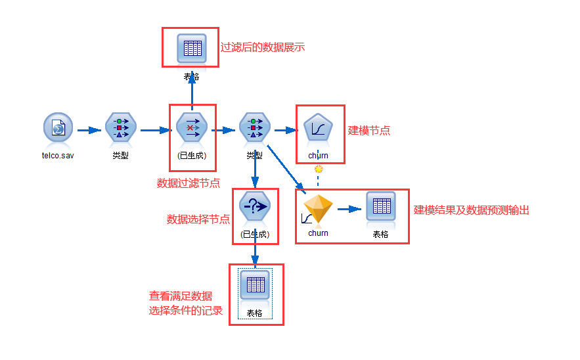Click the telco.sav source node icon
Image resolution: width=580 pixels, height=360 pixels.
coord(58,128)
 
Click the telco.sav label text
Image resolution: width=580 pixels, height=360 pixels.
coord(58,156)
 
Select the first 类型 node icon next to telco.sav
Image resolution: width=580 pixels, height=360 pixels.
coord(121,128)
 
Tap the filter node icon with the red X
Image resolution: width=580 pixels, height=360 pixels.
coord(192,128)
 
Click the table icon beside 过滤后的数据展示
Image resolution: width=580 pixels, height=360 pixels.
coord(192,49)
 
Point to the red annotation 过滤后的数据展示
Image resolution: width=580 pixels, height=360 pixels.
coord(263,47)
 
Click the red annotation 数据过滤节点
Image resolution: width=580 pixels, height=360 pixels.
coord(189,183)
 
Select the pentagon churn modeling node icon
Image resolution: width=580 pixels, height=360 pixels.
coord(319,128)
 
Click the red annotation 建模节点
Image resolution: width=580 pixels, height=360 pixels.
coord(369,130)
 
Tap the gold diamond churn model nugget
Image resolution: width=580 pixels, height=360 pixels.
coord(318,211)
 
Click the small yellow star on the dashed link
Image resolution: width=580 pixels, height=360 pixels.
coord(319,169)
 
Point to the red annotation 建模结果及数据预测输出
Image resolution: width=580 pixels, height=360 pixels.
coord(472,210)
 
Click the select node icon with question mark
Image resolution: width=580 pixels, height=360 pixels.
coord(255,208)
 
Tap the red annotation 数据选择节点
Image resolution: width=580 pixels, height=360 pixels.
coord(198,219)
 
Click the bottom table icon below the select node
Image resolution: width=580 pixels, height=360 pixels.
coord(255,285)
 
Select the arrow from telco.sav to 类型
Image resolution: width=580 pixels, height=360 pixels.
coord(89,130)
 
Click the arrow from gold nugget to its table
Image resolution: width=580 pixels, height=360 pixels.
coord(350,210)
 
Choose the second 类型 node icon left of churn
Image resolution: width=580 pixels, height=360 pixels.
coord(255,128)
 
